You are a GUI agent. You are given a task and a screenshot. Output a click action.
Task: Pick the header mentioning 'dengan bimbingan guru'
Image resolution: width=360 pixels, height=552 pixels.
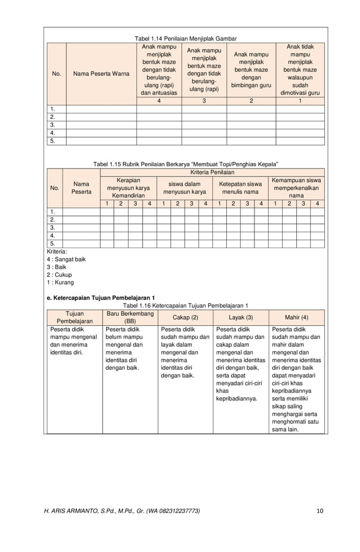tap(251, 69)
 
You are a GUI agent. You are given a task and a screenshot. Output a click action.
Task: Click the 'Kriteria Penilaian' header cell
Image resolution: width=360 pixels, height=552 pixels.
tap(212, 171)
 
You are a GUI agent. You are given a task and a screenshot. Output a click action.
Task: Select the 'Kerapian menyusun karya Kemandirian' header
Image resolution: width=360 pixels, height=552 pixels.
tap(128, 187)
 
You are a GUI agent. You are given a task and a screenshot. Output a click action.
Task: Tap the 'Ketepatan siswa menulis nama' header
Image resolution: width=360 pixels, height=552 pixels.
tap(240, 187)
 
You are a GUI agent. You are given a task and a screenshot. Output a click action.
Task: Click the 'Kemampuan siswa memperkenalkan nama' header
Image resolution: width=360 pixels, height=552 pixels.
tap(296, 187)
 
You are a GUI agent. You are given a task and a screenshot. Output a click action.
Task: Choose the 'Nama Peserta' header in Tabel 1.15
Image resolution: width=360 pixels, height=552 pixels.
tap(81, 187)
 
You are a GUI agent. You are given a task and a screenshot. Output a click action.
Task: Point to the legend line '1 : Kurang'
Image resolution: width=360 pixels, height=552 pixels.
tap(60, 282)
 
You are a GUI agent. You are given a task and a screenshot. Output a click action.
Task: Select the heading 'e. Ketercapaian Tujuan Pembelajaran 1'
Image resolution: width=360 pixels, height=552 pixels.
tap(101, 297)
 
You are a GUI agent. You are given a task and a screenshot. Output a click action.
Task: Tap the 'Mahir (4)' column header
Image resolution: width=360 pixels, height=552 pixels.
tap(296, 317)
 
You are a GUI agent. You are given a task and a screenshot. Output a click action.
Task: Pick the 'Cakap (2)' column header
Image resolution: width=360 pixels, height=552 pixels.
tap(185, 317)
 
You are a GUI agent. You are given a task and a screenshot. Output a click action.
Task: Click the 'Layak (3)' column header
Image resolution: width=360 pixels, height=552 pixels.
tap(240, 317)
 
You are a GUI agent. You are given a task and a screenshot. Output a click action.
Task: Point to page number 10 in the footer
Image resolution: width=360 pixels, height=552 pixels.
tap(320, 511)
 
